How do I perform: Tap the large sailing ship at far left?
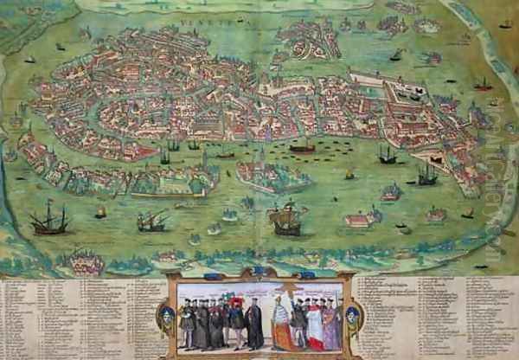point(49,222)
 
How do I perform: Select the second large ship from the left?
point(151,222)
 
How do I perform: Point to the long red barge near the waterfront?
point(302,148)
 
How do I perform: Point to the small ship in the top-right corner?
point(505,23)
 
